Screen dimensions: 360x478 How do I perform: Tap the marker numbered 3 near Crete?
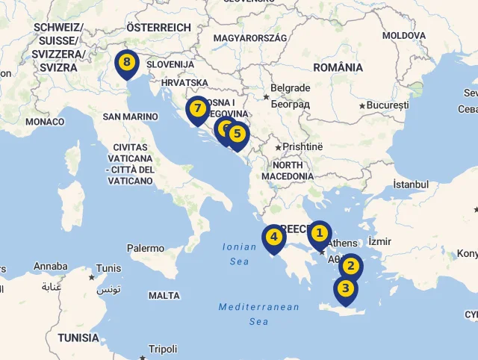(345, 288)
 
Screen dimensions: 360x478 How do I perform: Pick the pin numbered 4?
(274, 238)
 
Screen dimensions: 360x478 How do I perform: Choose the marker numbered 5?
(237, 134)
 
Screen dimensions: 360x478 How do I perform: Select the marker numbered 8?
(127, 62)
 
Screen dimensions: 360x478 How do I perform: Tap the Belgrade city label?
(290, 88)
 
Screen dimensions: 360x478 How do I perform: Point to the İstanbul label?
(411, 184)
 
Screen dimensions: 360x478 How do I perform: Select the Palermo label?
(145, 248)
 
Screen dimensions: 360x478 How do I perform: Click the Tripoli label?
(163, 349)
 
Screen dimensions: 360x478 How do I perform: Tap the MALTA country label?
(164, 296)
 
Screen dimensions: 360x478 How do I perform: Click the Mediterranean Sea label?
(258, 314)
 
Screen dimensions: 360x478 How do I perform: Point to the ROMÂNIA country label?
(338, 67)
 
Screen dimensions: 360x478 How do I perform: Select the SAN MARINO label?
(130, 117)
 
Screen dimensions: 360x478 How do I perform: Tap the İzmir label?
(379, 241)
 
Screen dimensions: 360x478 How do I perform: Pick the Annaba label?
(50, 267)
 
